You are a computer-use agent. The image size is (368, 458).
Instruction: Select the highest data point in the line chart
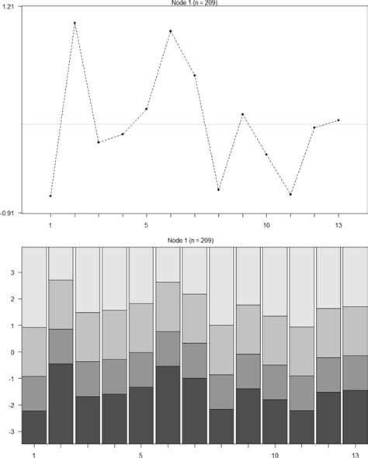coord(75,23)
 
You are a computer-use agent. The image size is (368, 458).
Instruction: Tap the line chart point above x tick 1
coord(50,196)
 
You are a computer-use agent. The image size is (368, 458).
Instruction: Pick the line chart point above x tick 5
coord(146,109)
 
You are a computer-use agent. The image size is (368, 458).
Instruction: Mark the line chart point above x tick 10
coord(266,154)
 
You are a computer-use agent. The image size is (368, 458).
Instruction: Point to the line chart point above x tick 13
coord(338,120)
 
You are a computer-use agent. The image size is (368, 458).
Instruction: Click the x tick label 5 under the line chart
coord(146,224)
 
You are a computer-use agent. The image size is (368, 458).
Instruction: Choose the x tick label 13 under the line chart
coord(338,224)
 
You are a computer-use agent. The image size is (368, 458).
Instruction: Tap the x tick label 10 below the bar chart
coord(276,453)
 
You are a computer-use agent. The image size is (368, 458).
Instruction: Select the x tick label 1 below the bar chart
coord(34,453)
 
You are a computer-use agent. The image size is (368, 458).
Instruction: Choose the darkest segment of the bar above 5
coord(141,415)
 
